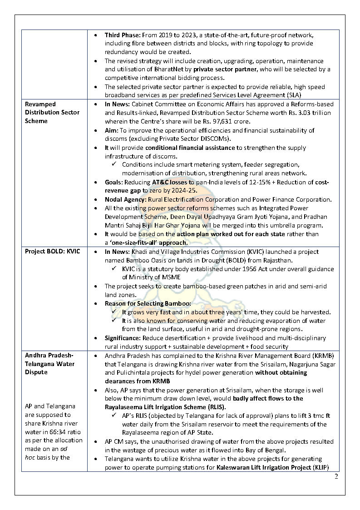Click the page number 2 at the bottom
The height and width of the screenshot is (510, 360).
click(x=336, y=476)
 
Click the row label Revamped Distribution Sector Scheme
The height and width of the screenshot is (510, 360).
click(x=52, y=113)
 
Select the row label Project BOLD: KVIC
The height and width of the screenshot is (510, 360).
click(x=52, y=252)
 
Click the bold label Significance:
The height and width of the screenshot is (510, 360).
click(x=123, y=338)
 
